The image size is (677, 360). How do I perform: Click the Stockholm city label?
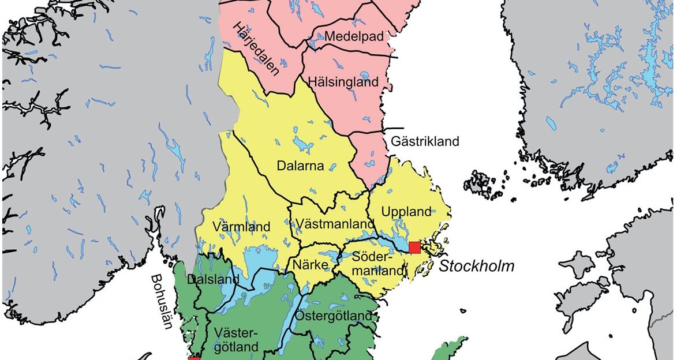[x=476, y=267]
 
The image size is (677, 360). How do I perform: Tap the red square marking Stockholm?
[x=414, y=248]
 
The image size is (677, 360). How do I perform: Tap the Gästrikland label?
[x=425, y=141]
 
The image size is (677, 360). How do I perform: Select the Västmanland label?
[x=332, y=224]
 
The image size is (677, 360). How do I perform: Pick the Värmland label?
[x=241, y=227]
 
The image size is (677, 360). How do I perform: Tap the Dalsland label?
[x=214, y=280]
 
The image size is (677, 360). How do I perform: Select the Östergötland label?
[x=333, y=316]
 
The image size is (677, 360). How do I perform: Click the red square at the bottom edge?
[x=194, y=358]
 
